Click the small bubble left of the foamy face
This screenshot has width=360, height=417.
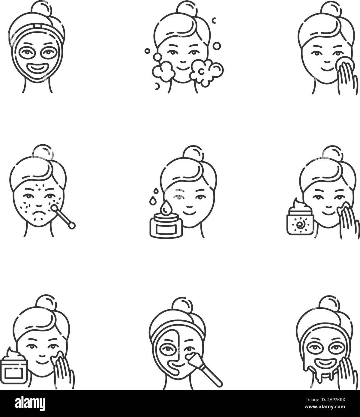click(147, 51)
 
